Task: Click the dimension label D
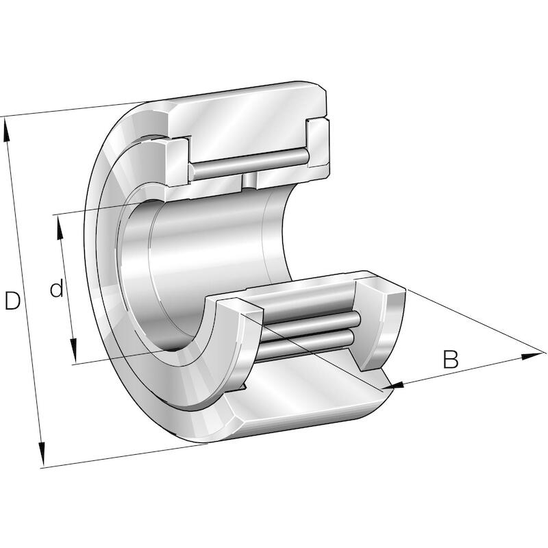coord(12,301)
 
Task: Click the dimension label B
coord(451,359)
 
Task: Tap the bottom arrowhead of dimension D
coord(42,454)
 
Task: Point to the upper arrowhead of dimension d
coord(60,227)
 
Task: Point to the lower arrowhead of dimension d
coord(73,351)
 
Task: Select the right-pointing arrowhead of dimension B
coord(533,356)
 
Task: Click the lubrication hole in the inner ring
coord(249,181)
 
